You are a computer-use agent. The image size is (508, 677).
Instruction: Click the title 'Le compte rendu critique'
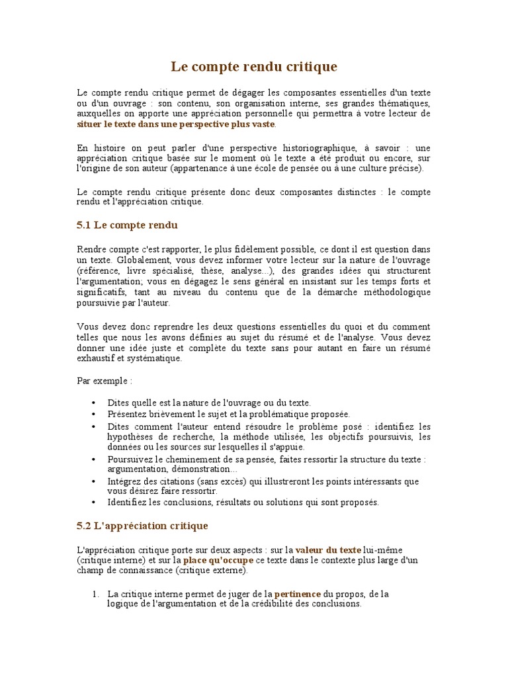point(254,67)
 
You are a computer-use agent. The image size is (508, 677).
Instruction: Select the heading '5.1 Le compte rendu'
point(128,225)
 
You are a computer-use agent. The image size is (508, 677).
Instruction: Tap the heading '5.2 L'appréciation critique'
point(143,526)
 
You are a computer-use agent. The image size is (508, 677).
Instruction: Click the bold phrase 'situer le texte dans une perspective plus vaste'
point(176,124)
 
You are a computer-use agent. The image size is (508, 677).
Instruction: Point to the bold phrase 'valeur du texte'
point(328,549)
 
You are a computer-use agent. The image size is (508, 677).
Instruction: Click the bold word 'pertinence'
point(298,594)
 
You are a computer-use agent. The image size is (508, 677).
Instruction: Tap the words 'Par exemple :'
point(105,381)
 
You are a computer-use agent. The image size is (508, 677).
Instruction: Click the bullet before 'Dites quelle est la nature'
point(93,403)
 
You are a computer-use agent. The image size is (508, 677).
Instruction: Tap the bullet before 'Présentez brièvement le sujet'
point(93,414)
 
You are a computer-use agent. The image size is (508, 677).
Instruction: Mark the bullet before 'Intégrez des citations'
point(93,481)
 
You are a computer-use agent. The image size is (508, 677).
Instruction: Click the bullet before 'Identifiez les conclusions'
point(93,502)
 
